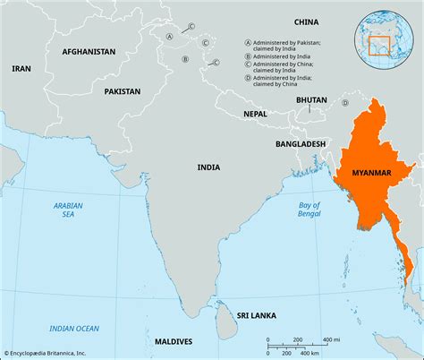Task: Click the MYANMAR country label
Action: tap(370, 172)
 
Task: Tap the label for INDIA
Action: tap(208, 167)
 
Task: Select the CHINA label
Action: tap(306, 21)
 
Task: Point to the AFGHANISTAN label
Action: tap(89, 52)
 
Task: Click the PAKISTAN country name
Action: tap(122, 91)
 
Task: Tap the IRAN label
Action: tap(20, 68)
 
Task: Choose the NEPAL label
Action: tap(255, 114)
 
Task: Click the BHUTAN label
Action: tap(311, 101)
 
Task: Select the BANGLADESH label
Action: tap(300, 143)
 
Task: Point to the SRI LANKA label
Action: tap(257, 316)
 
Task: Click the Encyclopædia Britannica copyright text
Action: tap(54, 354)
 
